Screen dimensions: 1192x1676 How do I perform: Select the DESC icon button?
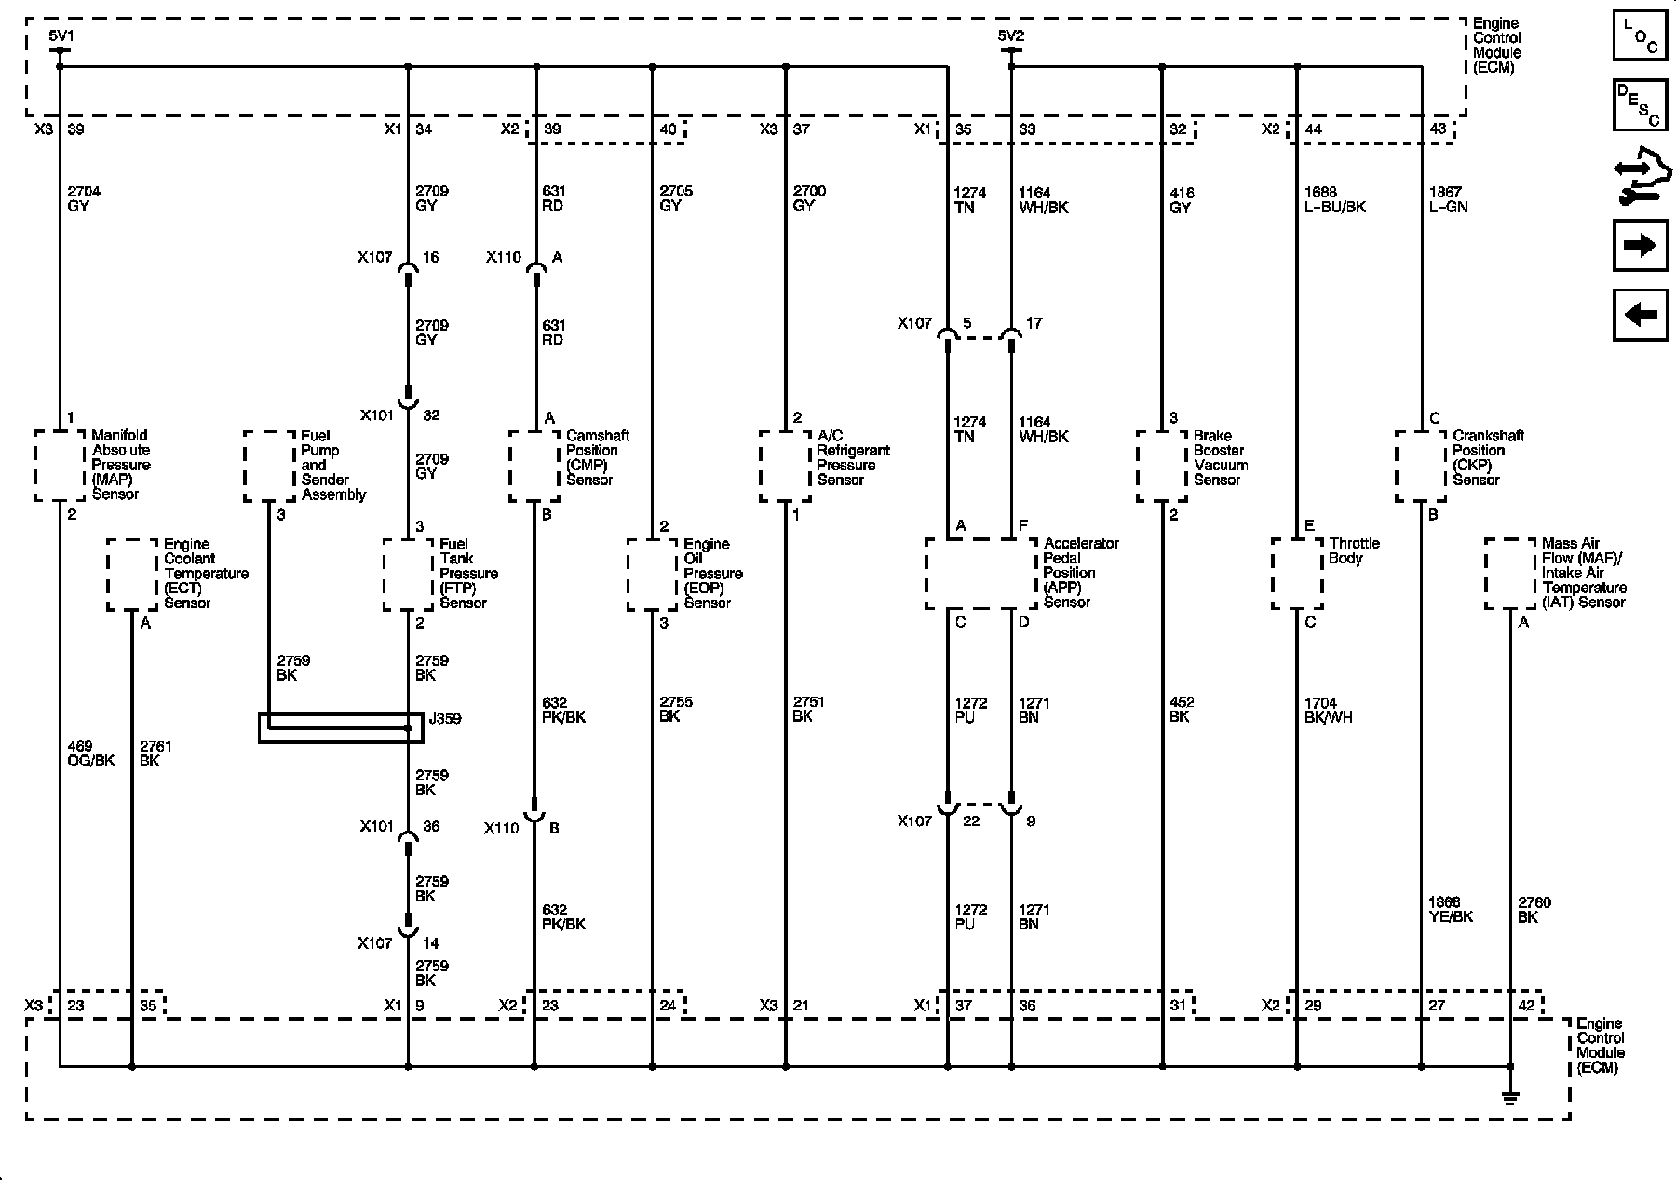(1640, 104)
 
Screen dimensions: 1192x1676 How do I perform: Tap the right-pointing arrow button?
(1640, 246)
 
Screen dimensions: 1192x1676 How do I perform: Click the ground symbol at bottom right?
(1510, 1097)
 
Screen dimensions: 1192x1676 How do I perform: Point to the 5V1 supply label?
(61, 36)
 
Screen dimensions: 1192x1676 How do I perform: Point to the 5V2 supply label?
(1010, 36)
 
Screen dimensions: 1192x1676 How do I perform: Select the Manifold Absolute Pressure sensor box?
(60, 466)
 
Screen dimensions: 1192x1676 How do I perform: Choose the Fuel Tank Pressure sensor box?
(409, 575)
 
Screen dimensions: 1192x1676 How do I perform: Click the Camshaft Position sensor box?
(534, 466)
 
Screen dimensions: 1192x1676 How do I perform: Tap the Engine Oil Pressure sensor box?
(652, 575)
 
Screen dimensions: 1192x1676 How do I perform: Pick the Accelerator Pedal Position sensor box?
(980, 574)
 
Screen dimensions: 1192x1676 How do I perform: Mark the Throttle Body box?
(1297, 574)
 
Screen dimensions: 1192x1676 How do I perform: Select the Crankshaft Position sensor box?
(1421, 466)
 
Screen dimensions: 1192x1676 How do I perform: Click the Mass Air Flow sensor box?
(1509, 574)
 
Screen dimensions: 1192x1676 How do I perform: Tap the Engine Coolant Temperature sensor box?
(132, 575)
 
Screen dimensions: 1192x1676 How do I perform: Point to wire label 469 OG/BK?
(91, 753)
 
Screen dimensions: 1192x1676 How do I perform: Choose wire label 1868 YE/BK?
(1450, 909)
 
